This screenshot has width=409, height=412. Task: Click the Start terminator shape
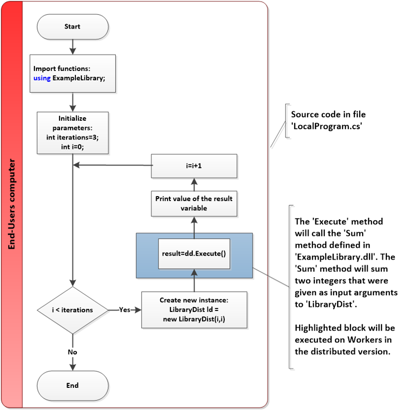[72, 27]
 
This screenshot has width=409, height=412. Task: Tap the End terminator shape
[72, 385]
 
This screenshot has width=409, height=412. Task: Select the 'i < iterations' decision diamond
[72, 310]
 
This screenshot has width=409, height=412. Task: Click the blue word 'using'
[42, 78]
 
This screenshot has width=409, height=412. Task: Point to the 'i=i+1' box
[194, 166]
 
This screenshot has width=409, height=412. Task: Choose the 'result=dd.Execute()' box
[194, 254]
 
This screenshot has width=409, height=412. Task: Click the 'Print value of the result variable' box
[194, 204]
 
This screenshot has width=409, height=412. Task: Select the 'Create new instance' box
[194, 309]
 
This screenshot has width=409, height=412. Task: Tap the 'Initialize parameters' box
[72, 132]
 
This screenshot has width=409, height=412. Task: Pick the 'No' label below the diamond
[72, 352]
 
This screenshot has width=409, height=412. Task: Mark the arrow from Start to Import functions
[72, 47]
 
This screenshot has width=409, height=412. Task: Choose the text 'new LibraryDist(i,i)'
[194, 318]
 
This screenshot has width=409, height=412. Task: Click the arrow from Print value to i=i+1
[194, 184]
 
